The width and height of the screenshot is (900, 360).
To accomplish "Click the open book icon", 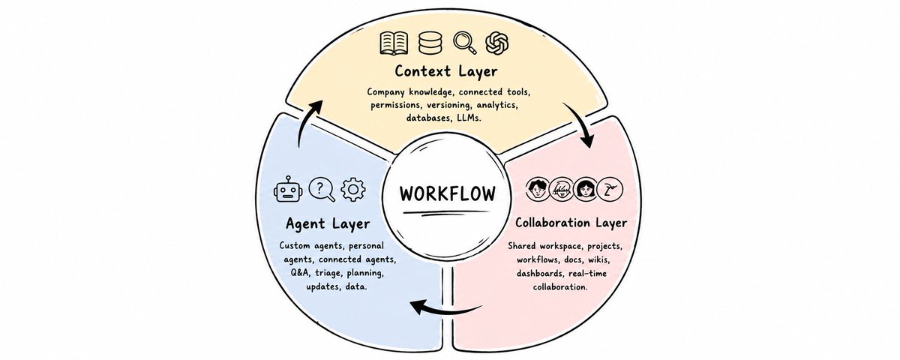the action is coord(394,43).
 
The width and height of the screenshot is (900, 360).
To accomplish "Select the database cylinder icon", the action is coord(430,43).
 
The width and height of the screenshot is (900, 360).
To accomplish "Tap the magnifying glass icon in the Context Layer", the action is coord(465,43).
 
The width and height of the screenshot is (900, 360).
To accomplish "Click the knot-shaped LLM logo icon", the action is coord(497,43).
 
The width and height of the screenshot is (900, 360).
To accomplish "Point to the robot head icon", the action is coord(287,190).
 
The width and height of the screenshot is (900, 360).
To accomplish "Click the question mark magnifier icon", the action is coord(322,189).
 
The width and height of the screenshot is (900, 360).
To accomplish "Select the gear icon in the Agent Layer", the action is coord(353,189).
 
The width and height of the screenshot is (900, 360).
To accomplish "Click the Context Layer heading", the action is coord(446,71).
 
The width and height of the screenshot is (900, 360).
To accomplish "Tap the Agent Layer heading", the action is coord(328,223).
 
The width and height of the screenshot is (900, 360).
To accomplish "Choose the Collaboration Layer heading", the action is coord(571,223).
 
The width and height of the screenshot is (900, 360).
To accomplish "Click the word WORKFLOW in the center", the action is coord(447,193).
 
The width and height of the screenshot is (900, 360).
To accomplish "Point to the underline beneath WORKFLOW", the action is coord(446,212).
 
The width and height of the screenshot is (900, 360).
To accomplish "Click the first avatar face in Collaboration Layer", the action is coord(537,189).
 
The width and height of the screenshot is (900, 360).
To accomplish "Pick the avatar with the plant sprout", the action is coord(610,189).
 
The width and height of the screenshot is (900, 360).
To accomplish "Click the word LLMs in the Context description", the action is coord(469,118).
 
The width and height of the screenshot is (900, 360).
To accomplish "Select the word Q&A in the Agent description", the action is coord(300,273).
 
